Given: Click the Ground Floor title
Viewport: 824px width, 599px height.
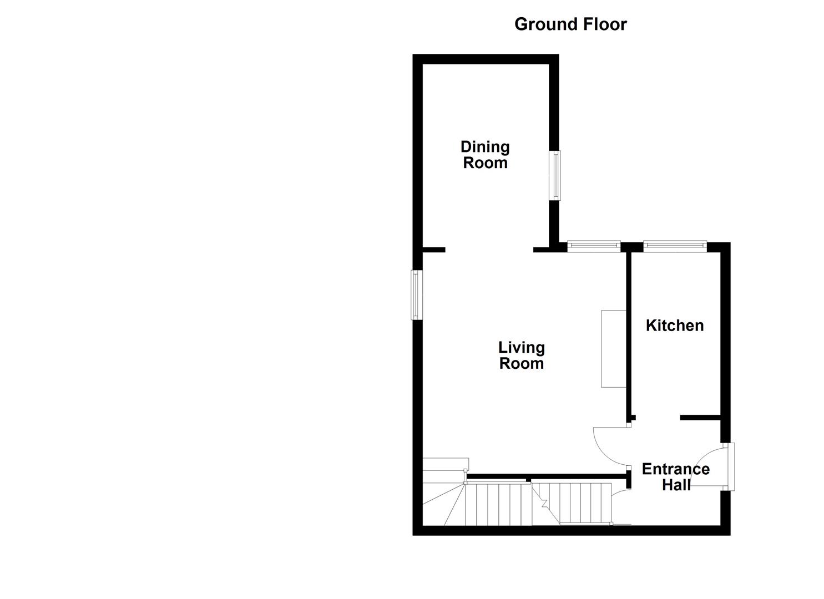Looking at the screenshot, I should [570, 24].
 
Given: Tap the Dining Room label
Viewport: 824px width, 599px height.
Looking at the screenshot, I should [485, 155].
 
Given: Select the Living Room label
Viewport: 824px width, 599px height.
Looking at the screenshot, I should [521, 356].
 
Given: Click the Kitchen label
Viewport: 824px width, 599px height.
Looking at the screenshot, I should [674, 325].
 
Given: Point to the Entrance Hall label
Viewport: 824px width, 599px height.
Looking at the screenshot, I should [675, 477].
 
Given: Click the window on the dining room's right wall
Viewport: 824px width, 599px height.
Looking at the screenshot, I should [555, 175].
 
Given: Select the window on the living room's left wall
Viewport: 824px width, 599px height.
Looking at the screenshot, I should [416, 295].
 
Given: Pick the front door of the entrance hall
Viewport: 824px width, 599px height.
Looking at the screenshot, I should [730, 466].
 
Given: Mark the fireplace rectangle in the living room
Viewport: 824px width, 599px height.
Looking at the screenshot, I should [613, 348].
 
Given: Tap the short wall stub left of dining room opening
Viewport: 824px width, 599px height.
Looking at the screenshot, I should [433, 250].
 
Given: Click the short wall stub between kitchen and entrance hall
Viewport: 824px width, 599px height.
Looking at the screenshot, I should [700, 417].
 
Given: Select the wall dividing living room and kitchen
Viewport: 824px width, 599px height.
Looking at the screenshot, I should [629, 333].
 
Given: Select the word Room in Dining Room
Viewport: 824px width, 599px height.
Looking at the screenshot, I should [485, 163].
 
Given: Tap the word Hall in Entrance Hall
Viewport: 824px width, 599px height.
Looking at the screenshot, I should [676, 485].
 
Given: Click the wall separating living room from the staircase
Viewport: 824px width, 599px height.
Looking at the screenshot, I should [549, 476].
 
